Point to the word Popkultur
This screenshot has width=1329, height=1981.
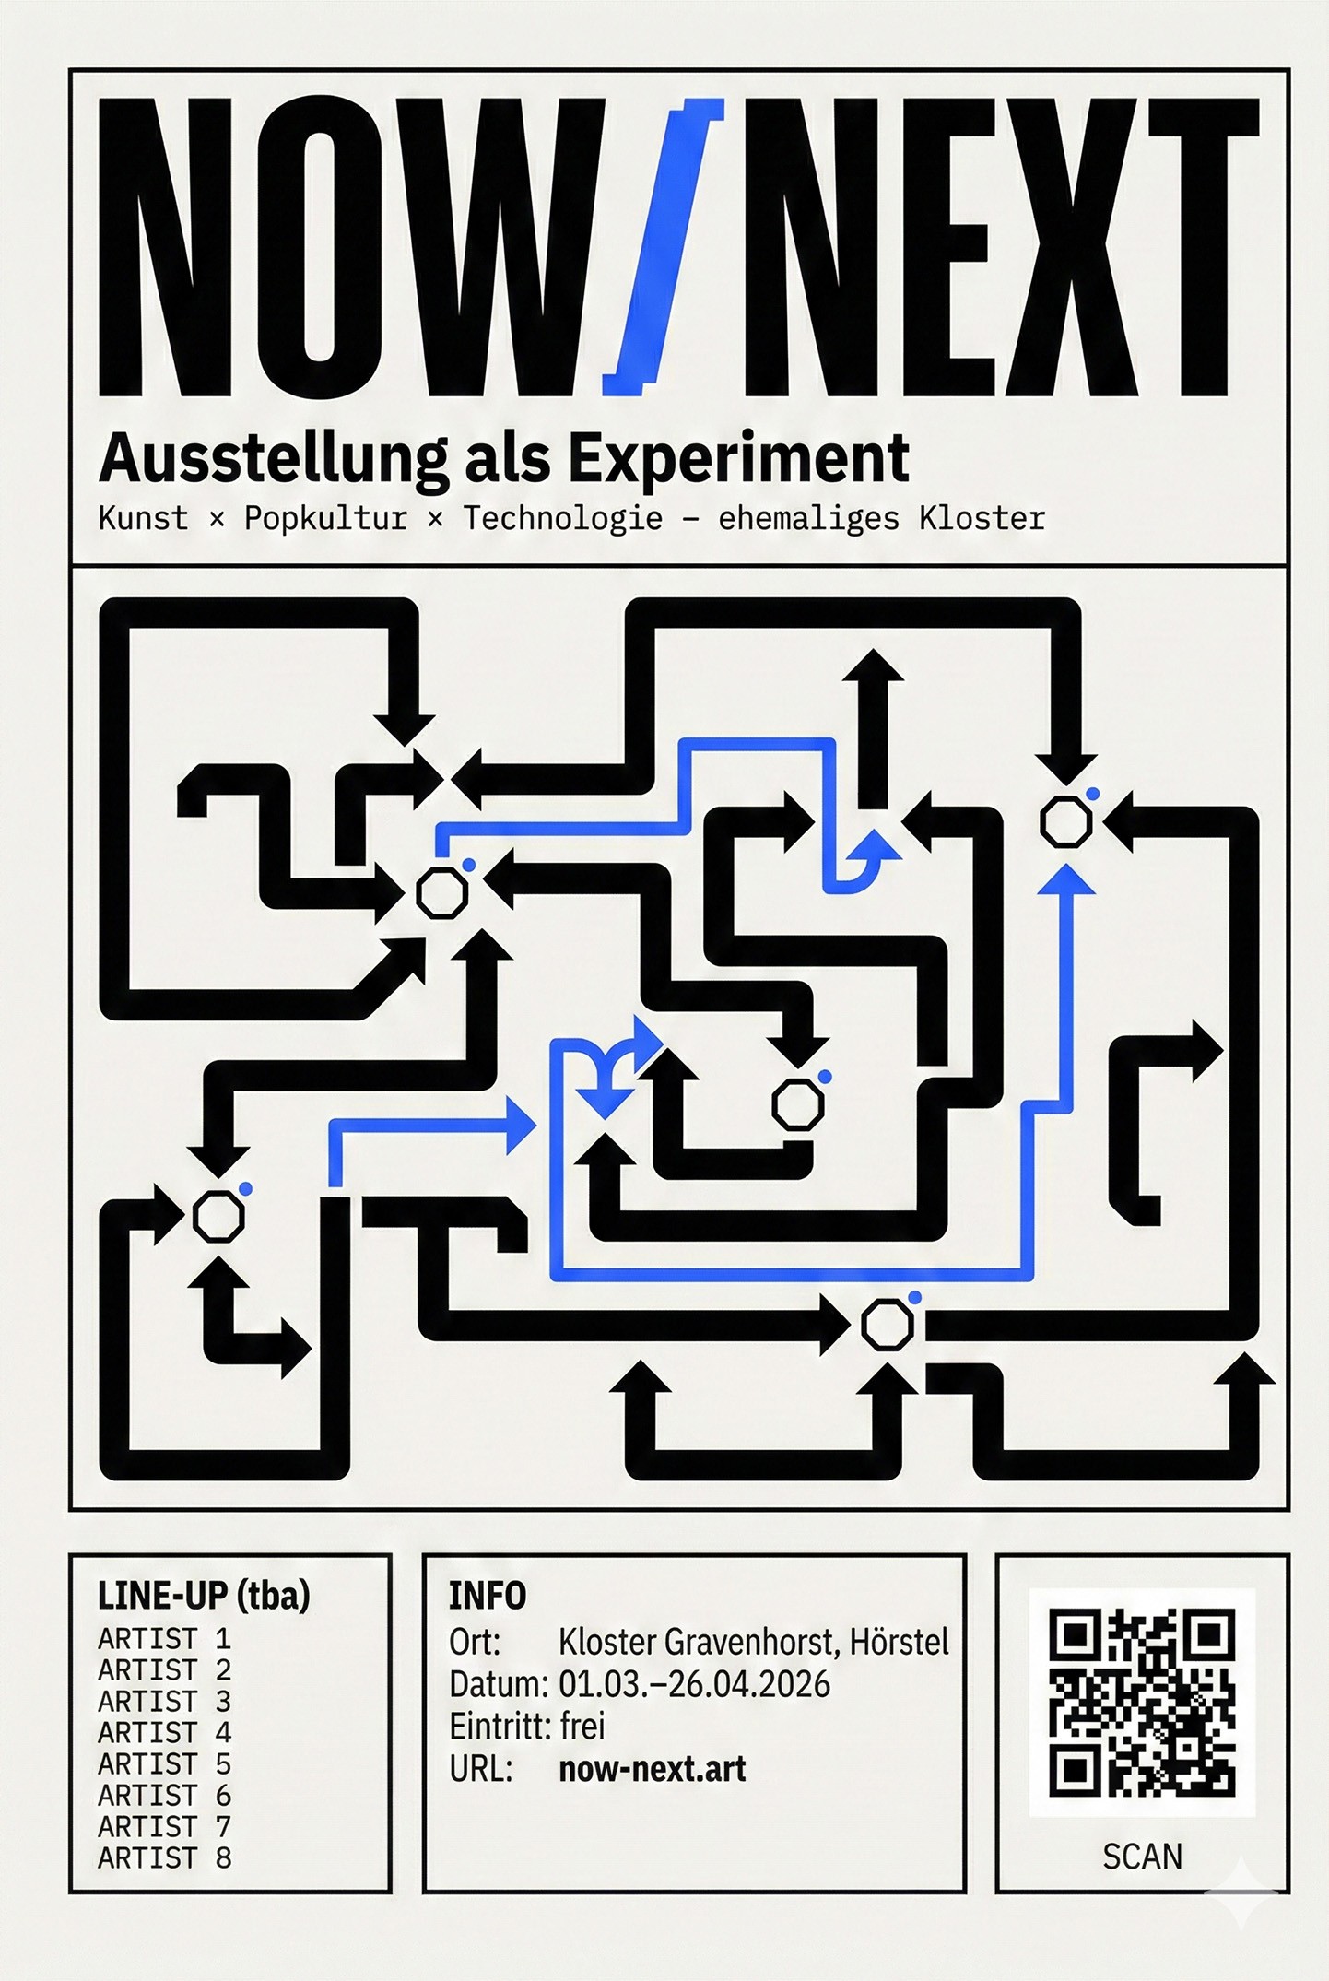tap(325, 519)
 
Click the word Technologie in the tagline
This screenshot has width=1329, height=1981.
tap(562, 519)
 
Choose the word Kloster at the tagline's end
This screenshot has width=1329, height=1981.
tap(982, 519)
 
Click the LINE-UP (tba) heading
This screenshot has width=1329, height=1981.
tap(204, 1596)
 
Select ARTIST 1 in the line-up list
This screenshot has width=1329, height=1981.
tap(164, 1639)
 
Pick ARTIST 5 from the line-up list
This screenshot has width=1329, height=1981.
tap(164, 1764)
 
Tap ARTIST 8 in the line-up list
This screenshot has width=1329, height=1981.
tap(164, 1858)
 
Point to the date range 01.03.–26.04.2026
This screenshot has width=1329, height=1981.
tap(694, 1684)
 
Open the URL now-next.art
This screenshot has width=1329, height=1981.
tap(653, 1769)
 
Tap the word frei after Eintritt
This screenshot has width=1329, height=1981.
tap(582, 1727)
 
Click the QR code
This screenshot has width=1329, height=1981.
tap(1142, 1702)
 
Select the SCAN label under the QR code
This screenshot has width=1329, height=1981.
tap(1142, 1857)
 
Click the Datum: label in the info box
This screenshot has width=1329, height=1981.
tap(499, 1684)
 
